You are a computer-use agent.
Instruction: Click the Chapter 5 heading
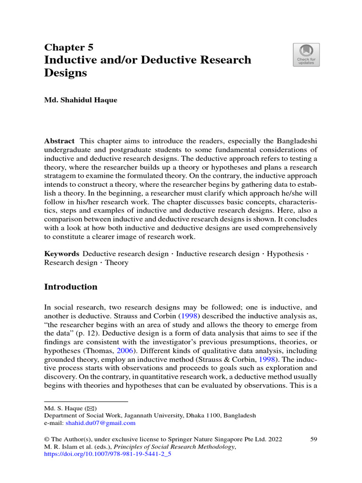click(69, 47)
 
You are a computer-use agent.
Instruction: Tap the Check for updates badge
click(306, 55)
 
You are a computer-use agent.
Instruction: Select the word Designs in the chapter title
click(66, 73)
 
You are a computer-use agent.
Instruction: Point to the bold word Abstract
click(59, 141)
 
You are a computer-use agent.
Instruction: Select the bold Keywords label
click(62, 254)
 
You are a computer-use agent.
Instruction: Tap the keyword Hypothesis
click(286, 254)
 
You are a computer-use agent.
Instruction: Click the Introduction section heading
click(71, 287)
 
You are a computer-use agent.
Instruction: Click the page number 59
click(313, 439)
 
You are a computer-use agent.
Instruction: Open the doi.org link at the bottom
click(107, 455)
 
